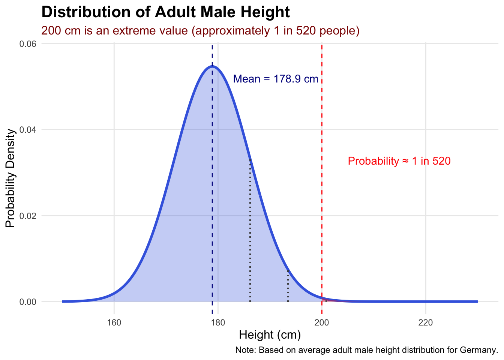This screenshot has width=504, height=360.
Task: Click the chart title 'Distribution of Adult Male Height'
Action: [165, 12]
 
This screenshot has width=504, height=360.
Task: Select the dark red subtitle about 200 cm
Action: [200, 30]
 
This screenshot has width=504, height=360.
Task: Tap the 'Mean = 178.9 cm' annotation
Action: [276, 79]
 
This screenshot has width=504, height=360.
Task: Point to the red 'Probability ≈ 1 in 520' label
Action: [399, 161]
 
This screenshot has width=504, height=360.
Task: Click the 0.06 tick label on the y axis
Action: [28, 44]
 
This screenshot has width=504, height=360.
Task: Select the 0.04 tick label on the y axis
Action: [28, 130]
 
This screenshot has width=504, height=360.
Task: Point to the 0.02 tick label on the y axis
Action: [28, 216]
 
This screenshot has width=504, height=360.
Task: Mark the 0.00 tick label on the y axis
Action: [28, 302]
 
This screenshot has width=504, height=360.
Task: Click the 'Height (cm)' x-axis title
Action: [270, 335]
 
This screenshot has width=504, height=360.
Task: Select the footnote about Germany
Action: [366, 351]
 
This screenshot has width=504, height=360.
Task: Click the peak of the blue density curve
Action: [212, 66]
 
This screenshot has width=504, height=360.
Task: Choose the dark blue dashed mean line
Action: [212, 187]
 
